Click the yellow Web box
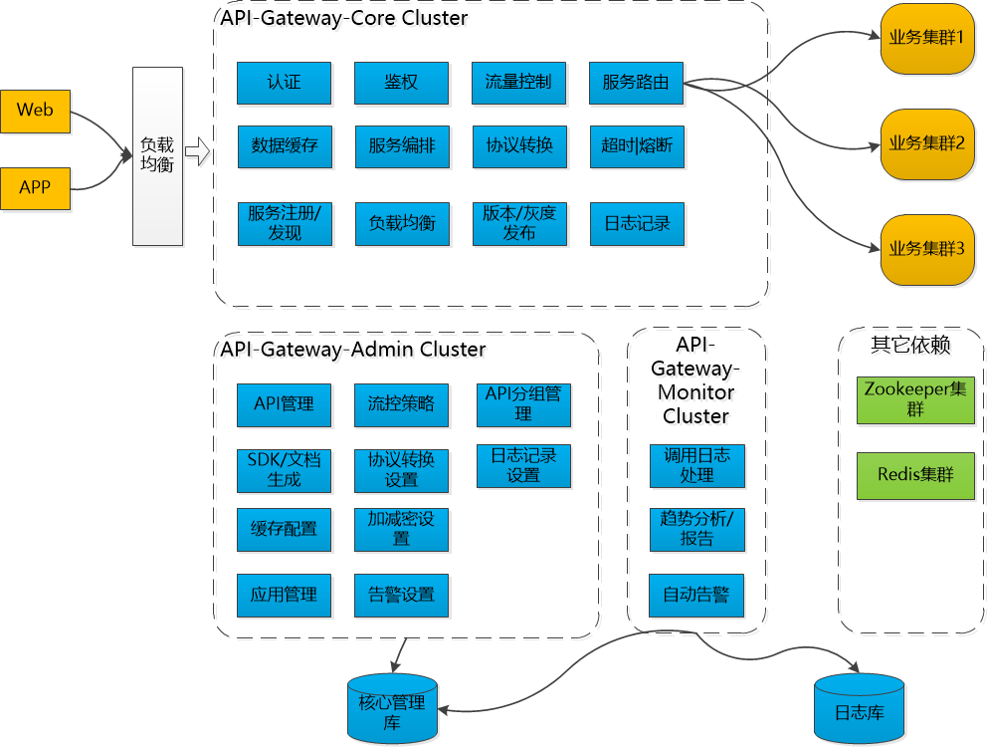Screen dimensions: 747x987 36,111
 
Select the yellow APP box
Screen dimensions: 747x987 36,187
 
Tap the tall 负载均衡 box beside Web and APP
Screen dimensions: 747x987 157,155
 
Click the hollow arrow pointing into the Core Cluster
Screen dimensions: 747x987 198,152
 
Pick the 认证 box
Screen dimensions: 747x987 284,83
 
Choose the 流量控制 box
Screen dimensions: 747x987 518,83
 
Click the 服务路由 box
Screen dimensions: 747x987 636,83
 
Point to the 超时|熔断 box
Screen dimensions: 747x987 636,145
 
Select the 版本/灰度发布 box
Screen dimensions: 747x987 518,224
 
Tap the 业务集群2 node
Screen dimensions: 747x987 926,143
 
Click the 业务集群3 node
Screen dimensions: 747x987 926,249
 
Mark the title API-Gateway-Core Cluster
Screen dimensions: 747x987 344,19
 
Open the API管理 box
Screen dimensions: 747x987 284,404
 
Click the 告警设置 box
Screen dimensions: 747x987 401,595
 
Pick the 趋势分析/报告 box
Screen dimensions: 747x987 696,529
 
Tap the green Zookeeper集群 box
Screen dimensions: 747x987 915,398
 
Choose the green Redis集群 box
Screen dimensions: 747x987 915,475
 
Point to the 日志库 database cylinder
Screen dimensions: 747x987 859,712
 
